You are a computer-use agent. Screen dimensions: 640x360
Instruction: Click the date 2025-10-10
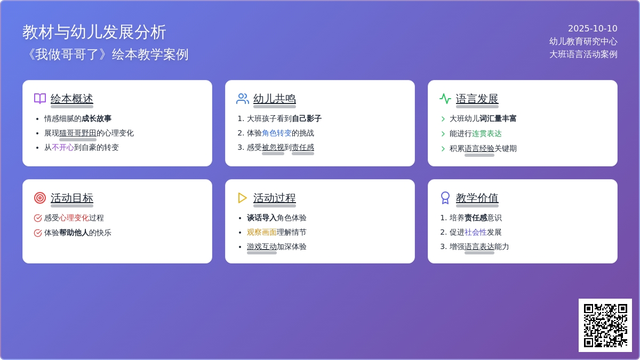[593, 29]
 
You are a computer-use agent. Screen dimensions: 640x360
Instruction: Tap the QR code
[605, 325]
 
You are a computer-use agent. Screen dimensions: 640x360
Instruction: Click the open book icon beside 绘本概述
[40, 99]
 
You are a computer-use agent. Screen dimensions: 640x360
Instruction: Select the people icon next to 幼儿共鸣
[243, 99]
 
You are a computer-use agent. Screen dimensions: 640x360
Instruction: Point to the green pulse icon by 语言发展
[445, 99]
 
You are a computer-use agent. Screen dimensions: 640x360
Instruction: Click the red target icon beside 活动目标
[40, 198]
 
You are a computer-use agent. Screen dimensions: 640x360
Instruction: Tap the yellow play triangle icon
[242, 198]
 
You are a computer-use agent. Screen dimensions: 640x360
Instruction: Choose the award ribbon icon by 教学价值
[445, 198]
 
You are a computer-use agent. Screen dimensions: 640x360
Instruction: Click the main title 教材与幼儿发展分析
[94, 32]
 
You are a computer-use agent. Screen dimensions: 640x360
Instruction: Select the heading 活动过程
[274, 198]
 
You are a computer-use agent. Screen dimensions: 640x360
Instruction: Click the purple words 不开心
[63, 147]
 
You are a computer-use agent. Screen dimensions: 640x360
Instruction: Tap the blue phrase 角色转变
[277, 133]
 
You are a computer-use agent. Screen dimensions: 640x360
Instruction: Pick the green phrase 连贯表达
[487, 133]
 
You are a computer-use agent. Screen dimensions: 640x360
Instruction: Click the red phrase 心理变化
[74, 218]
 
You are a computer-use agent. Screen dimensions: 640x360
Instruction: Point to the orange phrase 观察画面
[262, 232]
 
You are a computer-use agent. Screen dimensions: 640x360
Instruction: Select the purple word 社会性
[476, 232]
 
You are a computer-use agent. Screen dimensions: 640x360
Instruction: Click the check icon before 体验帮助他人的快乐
[38, 233]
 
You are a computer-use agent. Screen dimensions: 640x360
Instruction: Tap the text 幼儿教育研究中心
[583, 42]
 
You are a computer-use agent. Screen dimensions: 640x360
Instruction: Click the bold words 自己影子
[307, 118]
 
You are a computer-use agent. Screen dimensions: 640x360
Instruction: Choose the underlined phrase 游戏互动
[262, 246]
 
